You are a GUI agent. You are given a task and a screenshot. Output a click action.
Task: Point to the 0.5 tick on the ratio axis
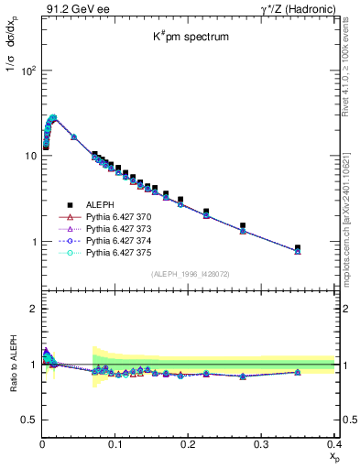(x=28, y=420)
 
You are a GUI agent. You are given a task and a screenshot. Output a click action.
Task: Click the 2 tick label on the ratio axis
(x=34, y=309)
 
